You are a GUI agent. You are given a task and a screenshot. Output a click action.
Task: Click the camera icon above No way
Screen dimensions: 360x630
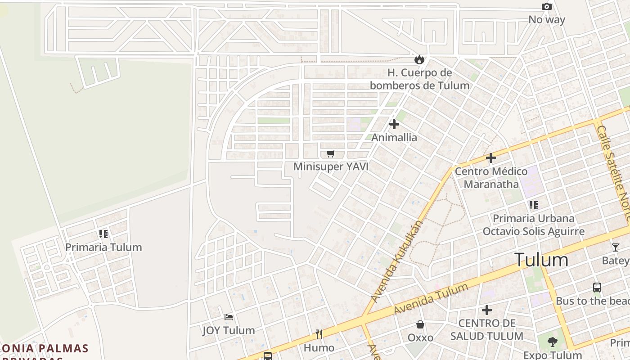547,6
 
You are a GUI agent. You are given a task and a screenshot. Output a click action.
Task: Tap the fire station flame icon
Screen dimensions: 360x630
419,59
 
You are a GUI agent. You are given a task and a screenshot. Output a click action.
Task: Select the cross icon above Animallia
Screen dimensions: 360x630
394,124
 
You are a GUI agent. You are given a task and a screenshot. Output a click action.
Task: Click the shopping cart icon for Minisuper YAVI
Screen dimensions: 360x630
331,154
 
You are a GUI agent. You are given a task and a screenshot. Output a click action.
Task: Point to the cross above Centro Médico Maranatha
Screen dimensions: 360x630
491,158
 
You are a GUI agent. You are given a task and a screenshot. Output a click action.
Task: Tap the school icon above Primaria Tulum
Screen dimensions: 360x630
103,234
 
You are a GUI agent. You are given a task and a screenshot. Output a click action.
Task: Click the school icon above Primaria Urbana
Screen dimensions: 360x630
534,205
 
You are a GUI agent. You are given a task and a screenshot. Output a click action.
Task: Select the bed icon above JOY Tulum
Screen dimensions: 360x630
229,317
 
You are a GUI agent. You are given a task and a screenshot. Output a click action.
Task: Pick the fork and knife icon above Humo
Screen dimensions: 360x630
319,334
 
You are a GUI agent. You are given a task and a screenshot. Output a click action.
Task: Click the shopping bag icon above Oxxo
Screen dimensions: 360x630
420,324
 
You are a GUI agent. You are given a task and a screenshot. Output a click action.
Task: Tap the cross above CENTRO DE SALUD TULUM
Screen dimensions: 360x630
487,310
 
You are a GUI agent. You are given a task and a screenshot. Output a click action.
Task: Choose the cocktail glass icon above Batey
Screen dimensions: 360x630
615,247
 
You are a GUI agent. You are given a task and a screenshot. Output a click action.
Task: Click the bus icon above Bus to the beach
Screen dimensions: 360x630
597,288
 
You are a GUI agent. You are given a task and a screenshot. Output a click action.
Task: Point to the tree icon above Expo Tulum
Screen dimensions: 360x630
553,342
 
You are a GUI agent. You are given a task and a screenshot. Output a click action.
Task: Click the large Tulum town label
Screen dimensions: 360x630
541,260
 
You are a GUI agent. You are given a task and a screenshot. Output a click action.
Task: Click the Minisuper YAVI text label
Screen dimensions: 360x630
331,167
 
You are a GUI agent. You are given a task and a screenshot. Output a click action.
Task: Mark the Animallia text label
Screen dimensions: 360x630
394,138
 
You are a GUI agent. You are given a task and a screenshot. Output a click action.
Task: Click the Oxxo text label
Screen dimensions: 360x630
420,337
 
